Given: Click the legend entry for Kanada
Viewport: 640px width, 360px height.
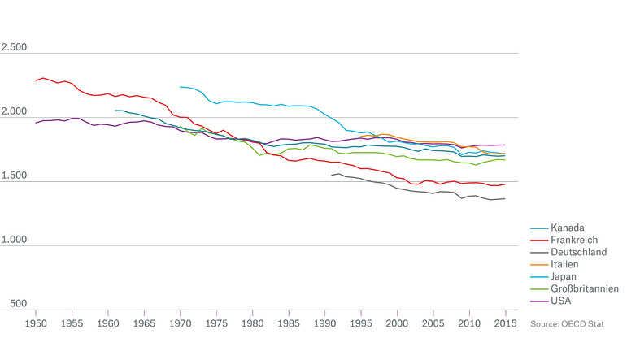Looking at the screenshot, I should tap(566, 227).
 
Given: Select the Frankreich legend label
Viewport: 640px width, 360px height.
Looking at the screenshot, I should tap(573, 240).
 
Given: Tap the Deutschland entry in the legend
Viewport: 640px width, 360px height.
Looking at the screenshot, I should tap(578, 252).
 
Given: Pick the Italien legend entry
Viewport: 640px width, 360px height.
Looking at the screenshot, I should tap(565, 264).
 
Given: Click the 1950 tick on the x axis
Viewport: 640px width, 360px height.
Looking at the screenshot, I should tap(36, 323).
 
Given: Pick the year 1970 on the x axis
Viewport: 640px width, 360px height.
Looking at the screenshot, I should tap(180, 323).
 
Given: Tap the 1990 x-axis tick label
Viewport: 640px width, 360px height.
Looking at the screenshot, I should tap(324, 323).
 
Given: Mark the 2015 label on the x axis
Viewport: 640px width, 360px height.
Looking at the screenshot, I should tap(505, 323).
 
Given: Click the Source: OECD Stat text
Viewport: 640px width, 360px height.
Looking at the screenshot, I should tap(567, 323).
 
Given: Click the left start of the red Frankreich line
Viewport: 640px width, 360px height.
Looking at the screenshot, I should tap(36, 80).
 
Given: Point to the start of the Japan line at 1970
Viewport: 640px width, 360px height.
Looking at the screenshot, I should tap(181, 87).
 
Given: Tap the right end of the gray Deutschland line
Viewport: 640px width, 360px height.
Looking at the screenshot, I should tap(505, 198).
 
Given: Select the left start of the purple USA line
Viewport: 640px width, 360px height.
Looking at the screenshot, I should tap(36, 123).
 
